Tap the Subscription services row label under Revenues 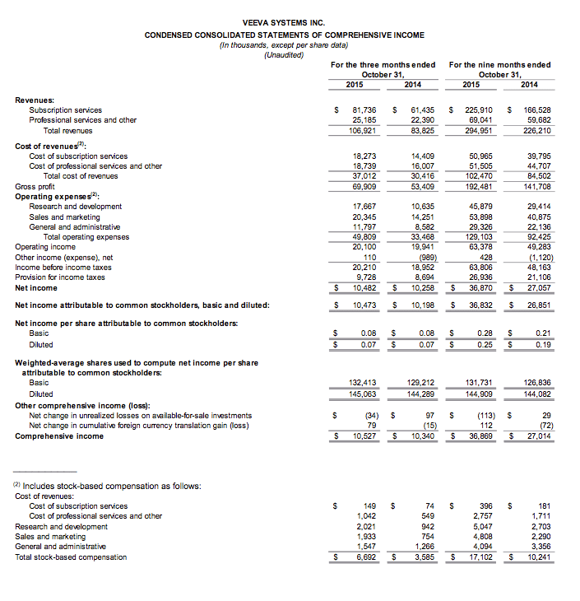tap(66, 110)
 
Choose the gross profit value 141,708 tap(535, 186)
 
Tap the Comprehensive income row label tap(59, 436)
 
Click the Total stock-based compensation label tap(72, 557)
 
